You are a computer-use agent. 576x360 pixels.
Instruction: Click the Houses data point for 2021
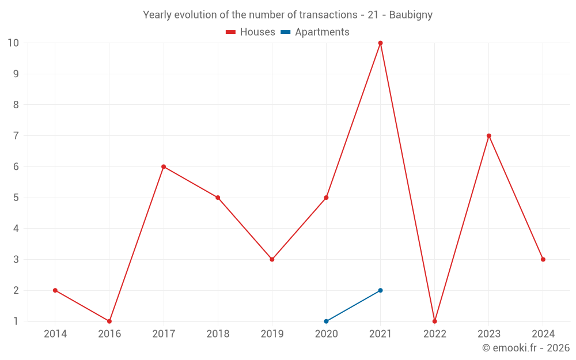380,43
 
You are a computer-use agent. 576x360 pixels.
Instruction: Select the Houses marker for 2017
164,166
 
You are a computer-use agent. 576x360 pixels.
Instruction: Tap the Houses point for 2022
434,321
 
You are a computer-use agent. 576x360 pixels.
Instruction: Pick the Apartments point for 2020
326,321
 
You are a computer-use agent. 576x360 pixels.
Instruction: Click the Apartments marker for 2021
380,290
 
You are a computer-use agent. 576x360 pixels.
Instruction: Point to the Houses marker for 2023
488,136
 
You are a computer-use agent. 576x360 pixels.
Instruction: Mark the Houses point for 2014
55,290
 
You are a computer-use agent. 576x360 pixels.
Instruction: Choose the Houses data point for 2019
272,259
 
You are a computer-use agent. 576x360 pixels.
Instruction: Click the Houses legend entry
251,32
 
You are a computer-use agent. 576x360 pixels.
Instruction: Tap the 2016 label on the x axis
109,334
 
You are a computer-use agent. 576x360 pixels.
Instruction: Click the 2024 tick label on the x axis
543,334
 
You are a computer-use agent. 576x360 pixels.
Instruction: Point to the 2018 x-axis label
218,334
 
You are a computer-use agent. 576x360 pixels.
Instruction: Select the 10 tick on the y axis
13,43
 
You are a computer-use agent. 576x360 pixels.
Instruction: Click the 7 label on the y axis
16,136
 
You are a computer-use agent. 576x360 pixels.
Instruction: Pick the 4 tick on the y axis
16,229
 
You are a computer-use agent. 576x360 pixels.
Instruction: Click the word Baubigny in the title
411,15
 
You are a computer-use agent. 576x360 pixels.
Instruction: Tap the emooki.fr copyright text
525,348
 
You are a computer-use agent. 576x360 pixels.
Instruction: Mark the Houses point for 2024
543,259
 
